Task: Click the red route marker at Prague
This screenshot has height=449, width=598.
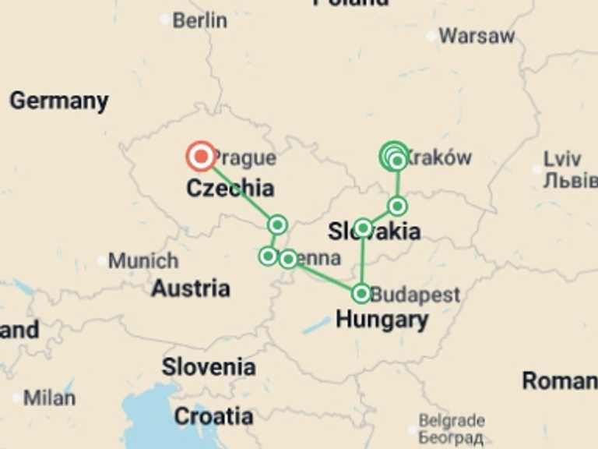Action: pyautogui.click(x=201, y=157)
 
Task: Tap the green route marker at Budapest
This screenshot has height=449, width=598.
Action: pyautogui.click(x=361, y=293)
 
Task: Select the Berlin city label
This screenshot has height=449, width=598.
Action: pyautogui.click(x=199, y=20)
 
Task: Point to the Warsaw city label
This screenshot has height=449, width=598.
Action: pyautogui.click(x=477, y=36)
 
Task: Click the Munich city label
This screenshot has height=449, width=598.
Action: pyautogui.click(x=143, y=260)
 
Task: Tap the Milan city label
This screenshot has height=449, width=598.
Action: pyautogui.click(x=49, y=398)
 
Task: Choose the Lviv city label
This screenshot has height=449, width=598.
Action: pyautogui.click(x=562, y=159)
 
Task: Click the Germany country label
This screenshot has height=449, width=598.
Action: pyautogui.click(x=59, y=101)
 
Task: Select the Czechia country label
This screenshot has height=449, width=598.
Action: pyautogui.click(x=230, y=188)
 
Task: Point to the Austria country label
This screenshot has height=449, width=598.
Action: pyautogui.click(x=191, y=288)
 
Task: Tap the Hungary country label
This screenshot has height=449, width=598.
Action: pyautogui.click(x=382, y=320)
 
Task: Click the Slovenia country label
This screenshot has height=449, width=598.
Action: pyautogui.click(x=208, y=366)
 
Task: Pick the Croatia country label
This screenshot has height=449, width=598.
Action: pyautogui.click(x=213, y=416)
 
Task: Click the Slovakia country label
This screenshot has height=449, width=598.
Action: pyautogui.click(x=375, y=232)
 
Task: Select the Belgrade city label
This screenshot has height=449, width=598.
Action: pyautogui.click(x=452, y=421)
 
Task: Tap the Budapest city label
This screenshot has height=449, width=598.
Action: pyautogui.click(x=415, y=295)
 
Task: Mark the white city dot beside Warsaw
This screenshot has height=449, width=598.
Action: pyautogui.click(x=431, y=36)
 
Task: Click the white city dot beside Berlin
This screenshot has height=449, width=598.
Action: pyautogui.click(x=165, y=20)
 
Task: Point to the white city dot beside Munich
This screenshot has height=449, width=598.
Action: pyautogui.click(x=102, y=260)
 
